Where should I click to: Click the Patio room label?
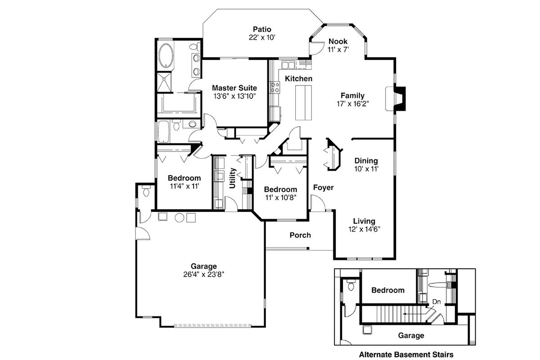[261, 30]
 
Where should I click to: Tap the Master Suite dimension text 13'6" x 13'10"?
[234, 96]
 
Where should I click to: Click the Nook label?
[338, 41]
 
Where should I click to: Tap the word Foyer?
[323, 187]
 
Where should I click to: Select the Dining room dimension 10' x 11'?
[366, 169]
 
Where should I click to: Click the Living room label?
[364, 221]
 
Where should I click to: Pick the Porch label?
[300, 235]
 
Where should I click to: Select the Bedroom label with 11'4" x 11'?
[184, 178]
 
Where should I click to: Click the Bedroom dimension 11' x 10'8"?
[280, 197]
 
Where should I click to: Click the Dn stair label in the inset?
[436, 301]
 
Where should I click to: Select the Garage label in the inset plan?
[410, 335]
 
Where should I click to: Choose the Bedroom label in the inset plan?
[387, 290]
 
